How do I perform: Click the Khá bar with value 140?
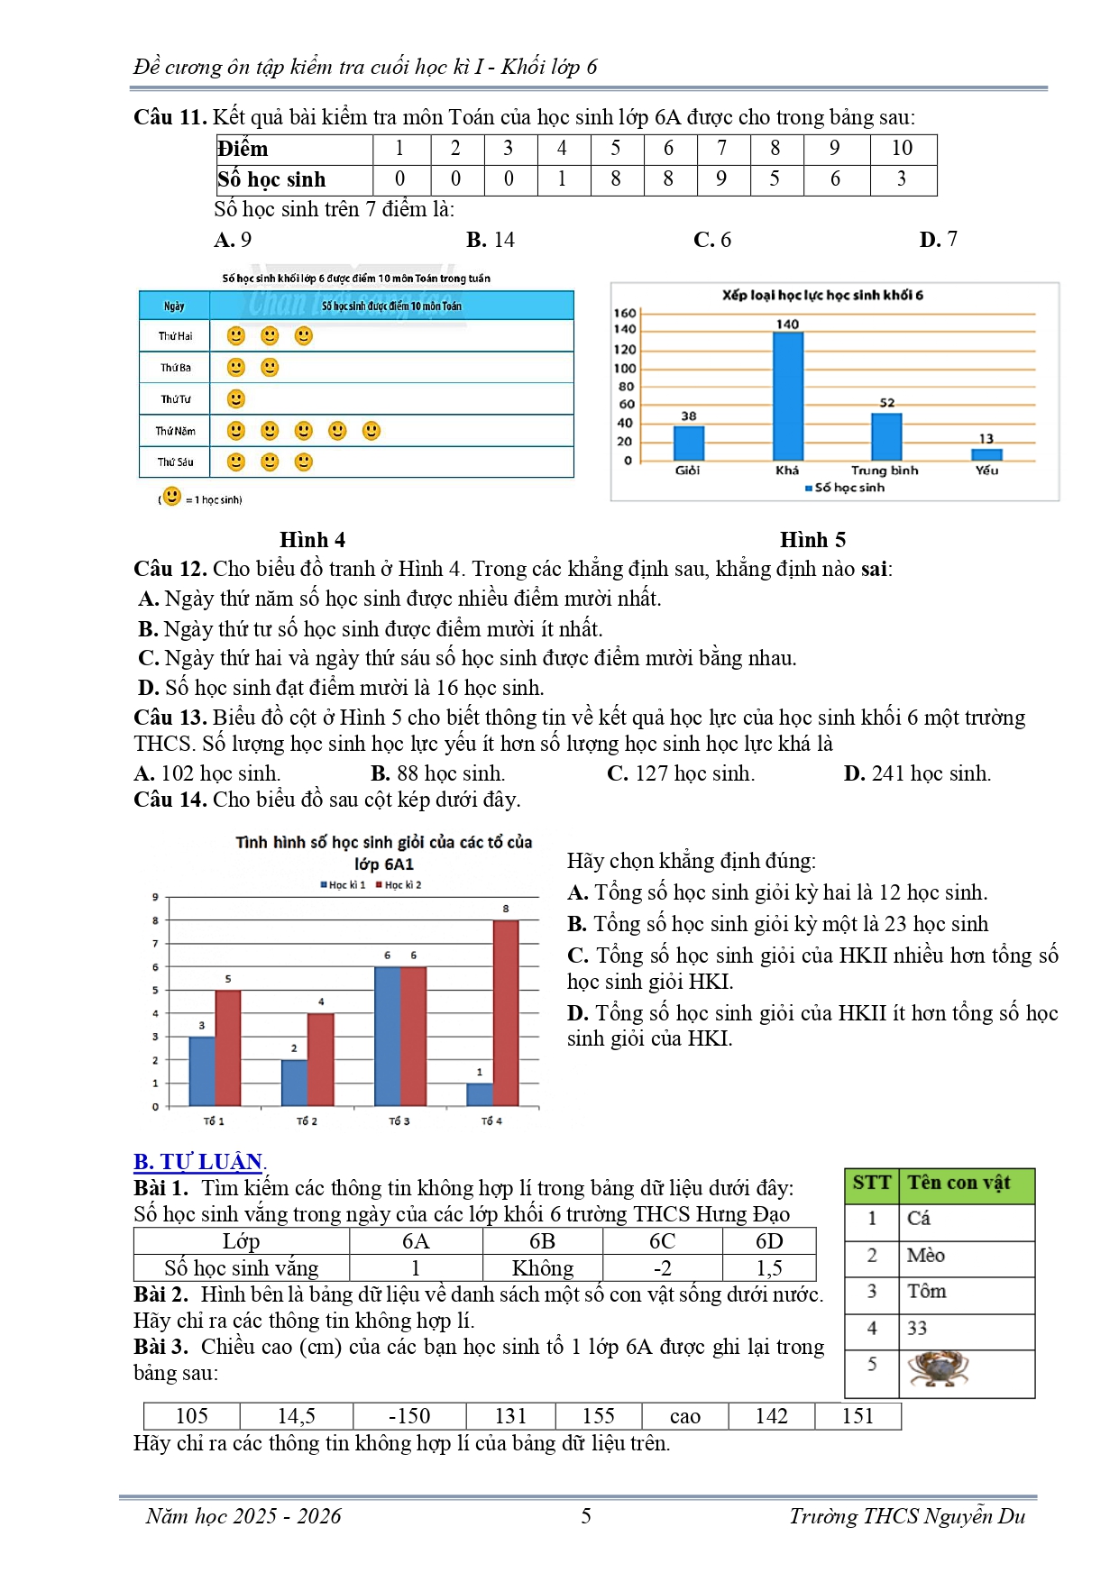point(787,396)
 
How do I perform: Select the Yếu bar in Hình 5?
point(986,454)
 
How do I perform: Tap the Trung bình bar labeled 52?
point(886,436)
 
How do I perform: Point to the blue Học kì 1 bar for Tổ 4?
point(480,1094)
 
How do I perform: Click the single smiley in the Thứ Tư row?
point(236,398)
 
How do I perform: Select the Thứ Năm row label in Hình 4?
point(175,431)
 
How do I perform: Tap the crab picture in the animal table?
point(938,1369)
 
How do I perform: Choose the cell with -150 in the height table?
point(408,1416)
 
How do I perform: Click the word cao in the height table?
point(685,1416)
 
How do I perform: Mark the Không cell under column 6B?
point(542,1268)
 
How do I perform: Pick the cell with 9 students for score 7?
point(721,179)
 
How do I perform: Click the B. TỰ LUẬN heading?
point(198,1161)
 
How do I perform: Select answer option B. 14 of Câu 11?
point(491,240)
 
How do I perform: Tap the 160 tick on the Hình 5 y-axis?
point(625,313)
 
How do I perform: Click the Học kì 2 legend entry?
point(399,885)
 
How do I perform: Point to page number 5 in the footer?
point(586,1516)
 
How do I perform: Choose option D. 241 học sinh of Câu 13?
point(917,773)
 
